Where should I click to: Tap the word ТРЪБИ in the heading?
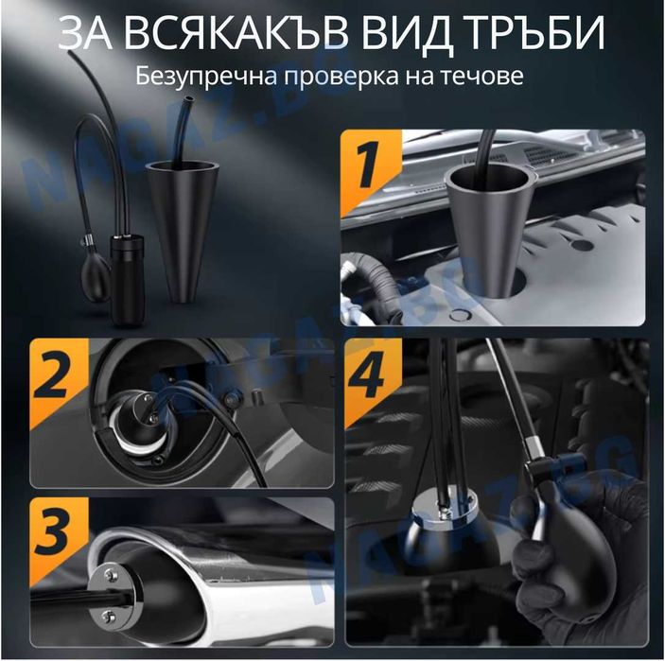(x=536, y=34)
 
